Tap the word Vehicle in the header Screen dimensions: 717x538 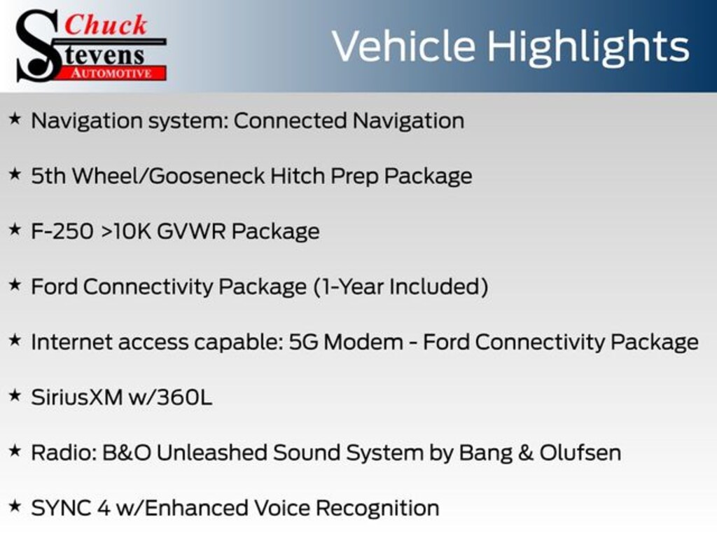coord(404,46)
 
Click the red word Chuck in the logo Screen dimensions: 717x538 coord(106,25)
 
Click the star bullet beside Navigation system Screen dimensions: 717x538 coord(15,119)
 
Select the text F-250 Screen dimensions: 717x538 coord(62,231)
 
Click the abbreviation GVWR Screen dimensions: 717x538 coord(191,231)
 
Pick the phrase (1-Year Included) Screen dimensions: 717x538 coord(401,287)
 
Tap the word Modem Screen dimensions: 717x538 coord(363,342)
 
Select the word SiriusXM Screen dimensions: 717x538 coord(77,397)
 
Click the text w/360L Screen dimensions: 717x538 coord(171,397)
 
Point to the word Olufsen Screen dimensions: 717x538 coord(580,453)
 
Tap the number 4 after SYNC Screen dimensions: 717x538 coord(104,509)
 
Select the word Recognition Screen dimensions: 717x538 coord(377,509)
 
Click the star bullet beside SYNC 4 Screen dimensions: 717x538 coord(15,506)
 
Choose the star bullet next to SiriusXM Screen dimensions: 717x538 coord(15,395)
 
